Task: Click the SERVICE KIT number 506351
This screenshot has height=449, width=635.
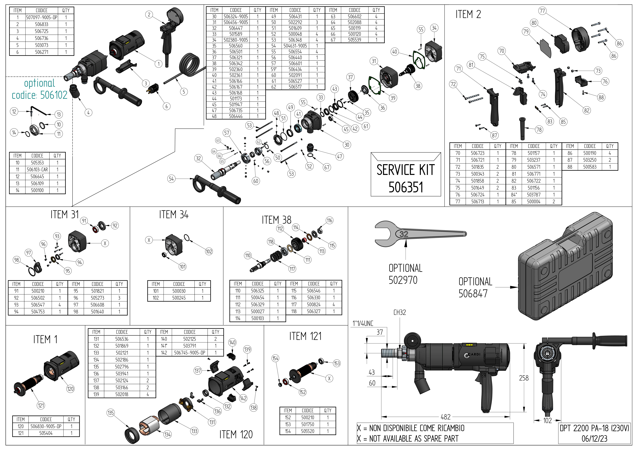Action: point(406,187)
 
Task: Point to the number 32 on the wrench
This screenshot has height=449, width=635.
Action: point(404,234)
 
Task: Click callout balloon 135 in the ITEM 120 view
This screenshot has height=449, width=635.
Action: point(111,413)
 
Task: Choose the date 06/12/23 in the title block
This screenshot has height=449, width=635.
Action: point(594,439)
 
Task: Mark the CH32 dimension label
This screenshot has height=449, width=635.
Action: point(400,312)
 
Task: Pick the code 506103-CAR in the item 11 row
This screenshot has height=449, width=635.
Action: point(37,169)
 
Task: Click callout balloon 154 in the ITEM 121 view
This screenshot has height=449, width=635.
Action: point(275,358)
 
